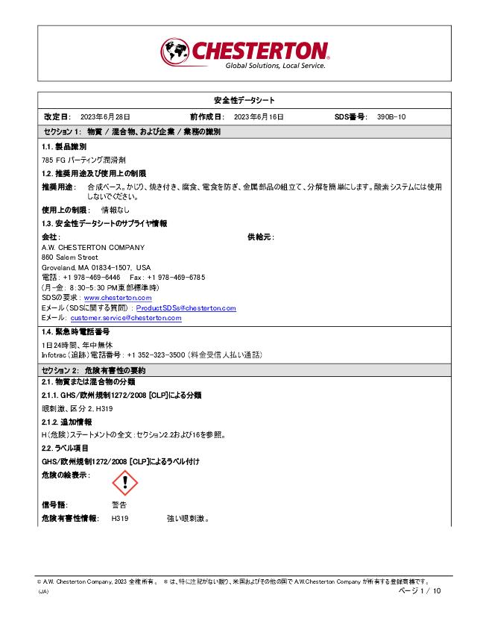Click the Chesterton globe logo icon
click(x=175, y=51)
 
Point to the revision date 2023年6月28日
click(x=105, y=117)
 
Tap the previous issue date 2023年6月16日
click(x=259, y=117)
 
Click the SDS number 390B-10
click(x=391, y=117)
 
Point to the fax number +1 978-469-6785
click(x=179, y=277)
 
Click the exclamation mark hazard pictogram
click(x=124, y=483)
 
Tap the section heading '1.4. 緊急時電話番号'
click(x=75, y=331)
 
